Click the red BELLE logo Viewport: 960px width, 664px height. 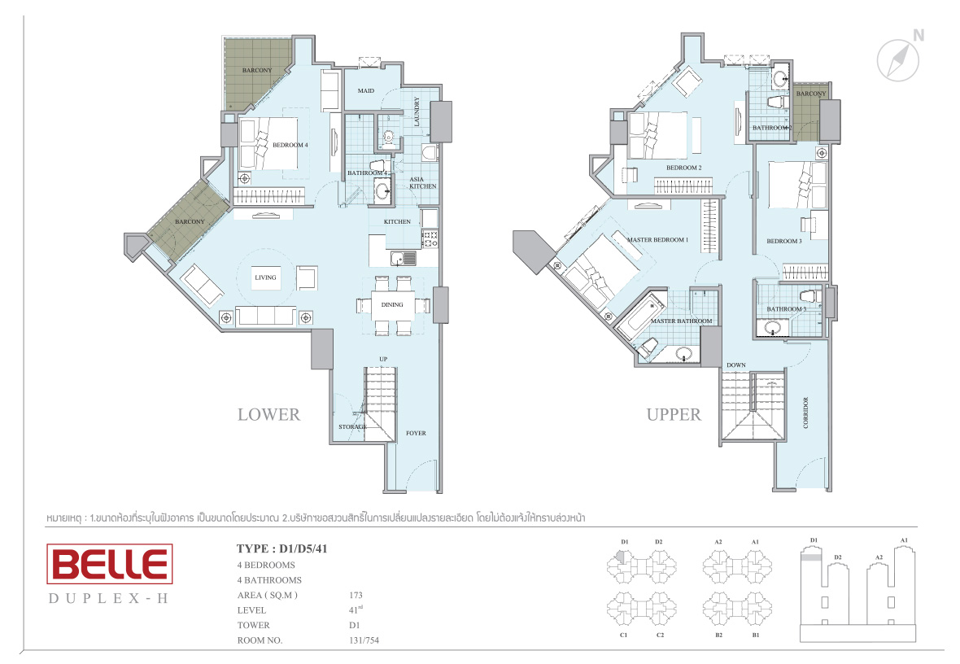click(110, 564)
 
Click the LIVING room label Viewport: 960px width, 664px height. click(266, 277)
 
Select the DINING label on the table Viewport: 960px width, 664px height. click(392, 304)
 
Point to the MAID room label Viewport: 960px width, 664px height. click(366, 90)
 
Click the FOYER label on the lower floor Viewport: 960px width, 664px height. click(416, 433)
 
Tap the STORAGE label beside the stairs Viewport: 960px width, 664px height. click(352, 427)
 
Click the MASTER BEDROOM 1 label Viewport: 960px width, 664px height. click(657, 239)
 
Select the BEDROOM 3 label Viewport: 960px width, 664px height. click(784, 241)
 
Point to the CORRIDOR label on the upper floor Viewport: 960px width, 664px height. click(805, 413)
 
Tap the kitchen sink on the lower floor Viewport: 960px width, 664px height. click(404, 259)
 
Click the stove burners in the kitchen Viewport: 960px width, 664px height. click(430, 238)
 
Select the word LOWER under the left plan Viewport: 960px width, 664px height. click(268, 415)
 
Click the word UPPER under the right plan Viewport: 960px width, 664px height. click(674, 415)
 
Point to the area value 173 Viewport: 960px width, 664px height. click(356, 595)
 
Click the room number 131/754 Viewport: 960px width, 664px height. click(364, 640)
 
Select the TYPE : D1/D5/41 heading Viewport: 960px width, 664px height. click(282, 548)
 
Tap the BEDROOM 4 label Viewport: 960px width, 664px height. click(290, 145)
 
